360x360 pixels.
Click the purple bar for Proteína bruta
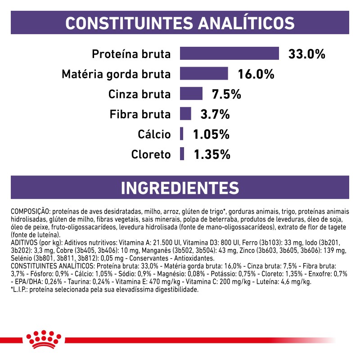[229, 53]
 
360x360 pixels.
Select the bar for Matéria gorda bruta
[204, 73]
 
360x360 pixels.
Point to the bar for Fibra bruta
[186, 113]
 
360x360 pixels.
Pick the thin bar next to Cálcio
[182, 134]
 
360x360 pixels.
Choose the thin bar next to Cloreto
[182, 154]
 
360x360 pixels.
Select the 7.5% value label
[227, 94]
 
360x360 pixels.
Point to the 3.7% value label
[215, 114]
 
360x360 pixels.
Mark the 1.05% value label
[211, 134]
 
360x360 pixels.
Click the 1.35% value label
[212, 154]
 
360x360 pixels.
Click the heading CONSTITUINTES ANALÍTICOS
[180, 22]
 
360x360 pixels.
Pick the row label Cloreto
[151, 154]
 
